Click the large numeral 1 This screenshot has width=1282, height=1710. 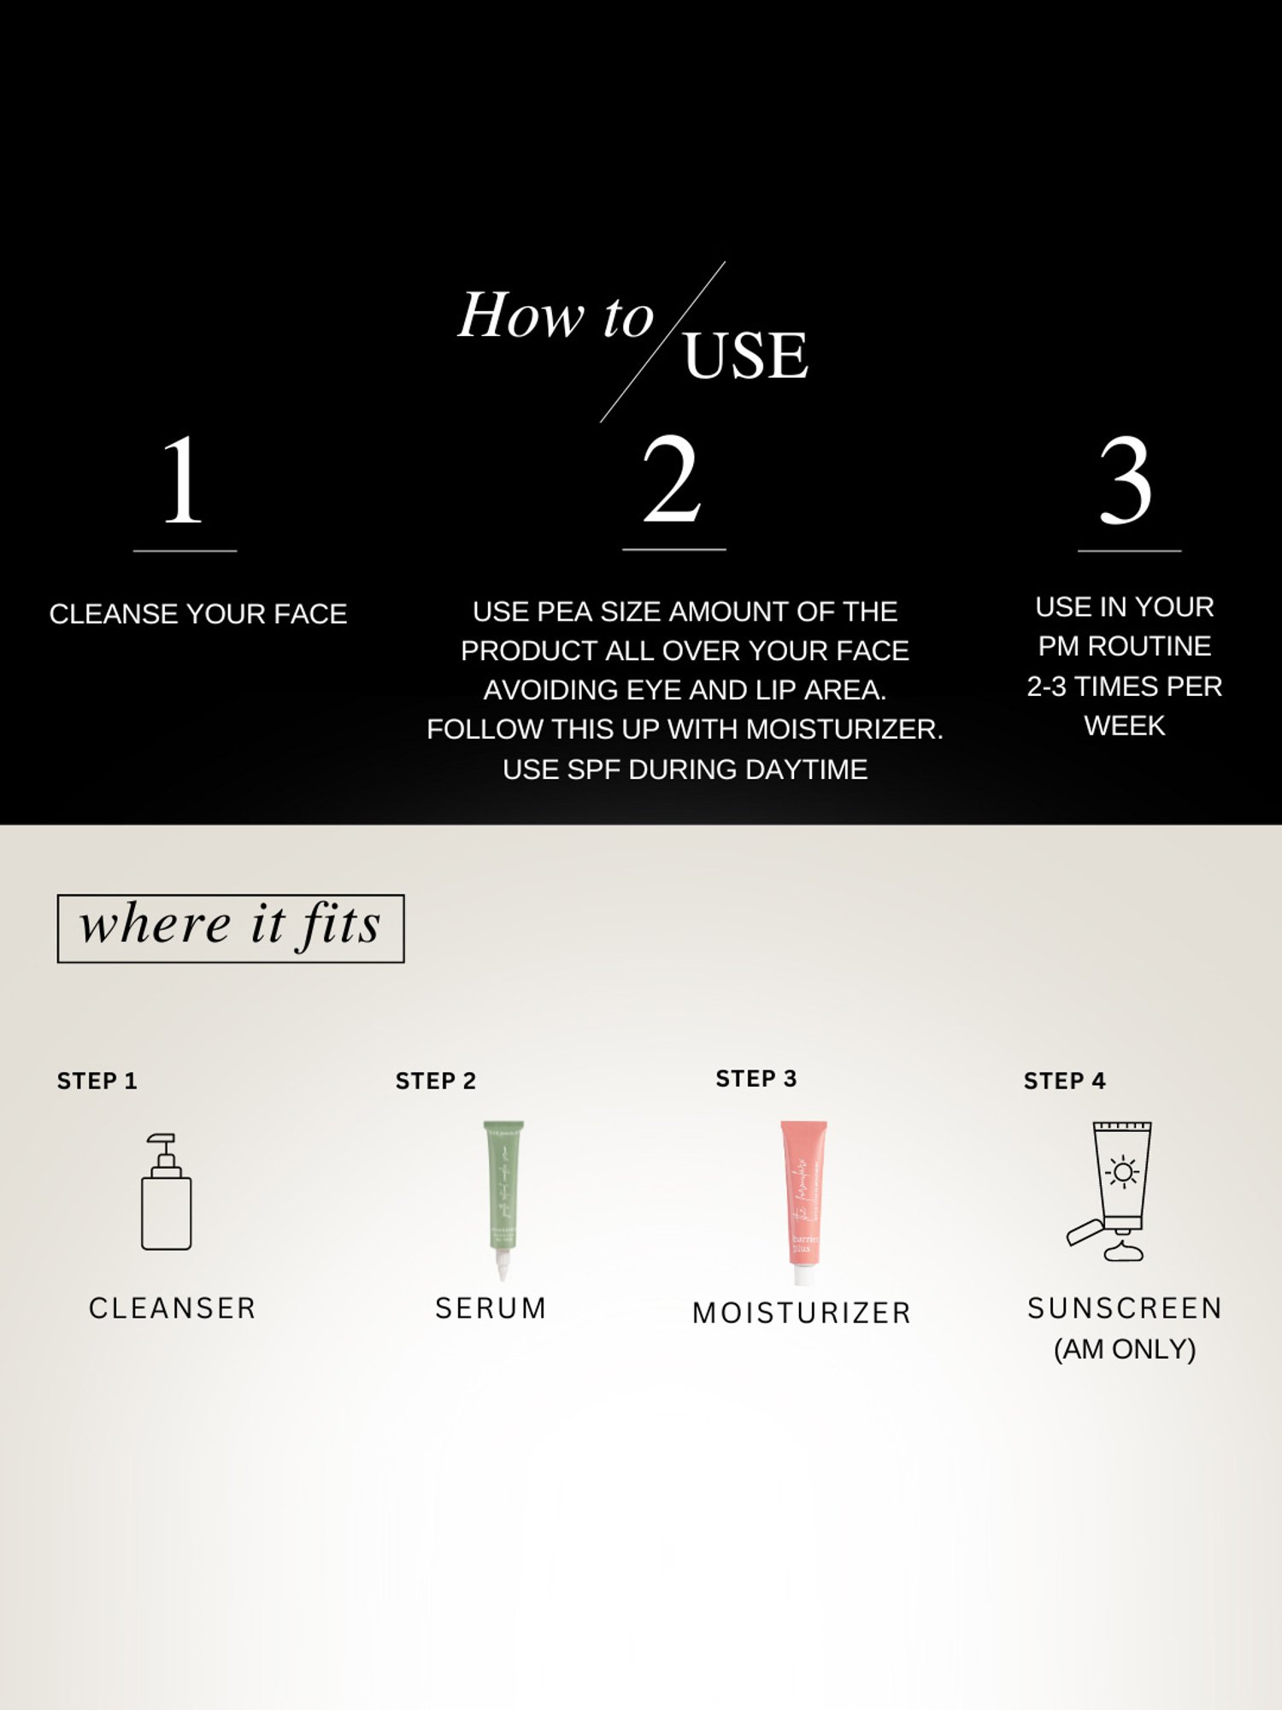coord(183,481)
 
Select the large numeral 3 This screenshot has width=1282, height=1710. coord(1126,481)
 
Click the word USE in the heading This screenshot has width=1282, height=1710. coord(745,356)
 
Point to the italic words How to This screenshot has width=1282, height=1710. coord(556,315)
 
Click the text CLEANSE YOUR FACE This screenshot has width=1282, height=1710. coord(198,614)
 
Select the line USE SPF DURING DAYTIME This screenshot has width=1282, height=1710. coord(685,769)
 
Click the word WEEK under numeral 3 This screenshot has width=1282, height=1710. coord(1125,726)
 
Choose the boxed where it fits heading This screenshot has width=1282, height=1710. coord(230,928)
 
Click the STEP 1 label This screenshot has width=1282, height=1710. coord(97,1081)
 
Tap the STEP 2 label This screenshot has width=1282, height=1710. coord(435,1081)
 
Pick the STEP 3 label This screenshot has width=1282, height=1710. coord(756,1079)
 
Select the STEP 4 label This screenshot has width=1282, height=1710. coord(1064,1081)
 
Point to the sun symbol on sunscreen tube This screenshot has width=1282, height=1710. coord(1122,1171)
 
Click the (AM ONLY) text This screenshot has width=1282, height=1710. coord(1125,1349)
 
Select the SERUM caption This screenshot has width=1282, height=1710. coord(491,1308)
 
